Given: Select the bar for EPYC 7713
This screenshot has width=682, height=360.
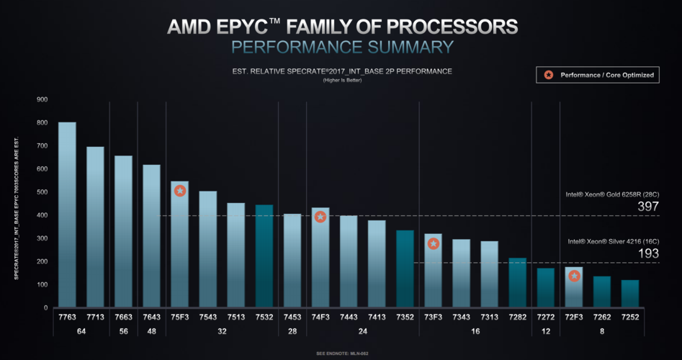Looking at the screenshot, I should (95, 227).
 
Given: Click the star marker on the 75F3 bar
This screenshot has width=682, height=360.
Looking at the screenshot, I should (180, 191).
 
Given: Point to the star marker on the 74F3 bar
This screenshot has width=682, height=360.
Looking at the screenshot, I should (320, 217).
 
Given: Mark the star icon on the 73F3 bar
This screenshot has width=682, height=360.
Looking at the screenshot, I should (434, 243).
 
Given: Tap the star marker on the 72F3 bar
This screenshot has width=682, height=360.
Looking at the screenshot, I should (574, 276).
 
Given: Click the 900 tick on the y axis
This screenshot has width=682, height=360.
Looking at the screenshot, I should (42, 99).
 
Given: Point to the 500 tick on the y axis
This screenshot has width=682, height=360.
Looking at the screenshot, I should (42, 192).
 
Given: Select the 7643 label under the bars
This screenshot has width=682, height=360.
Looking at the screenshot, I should (151, 318).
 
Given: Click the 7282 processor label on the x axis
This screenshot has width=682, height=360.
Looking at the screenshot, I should (518, 318).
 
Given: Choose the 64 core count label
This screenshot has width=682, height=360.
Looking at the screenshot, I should (81, 331).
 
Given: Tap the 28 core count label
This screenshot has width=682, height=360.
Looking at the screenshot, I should (292, 331).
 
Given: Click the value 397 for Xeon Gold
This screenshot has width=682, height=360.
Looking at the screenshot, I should (649, 207).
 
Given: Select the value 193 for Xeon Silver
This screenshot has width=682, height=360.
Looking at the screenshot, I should (649, 254).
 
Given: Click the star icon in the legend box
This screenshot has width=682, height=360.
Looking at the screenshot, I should (549, 75).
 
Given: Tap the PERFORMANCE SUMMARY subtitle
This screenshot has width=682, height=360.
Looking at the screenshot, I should (342, 47).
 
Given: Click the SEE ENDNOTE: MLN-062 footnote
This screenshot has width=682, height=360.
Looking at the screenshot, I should (341, 354).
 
